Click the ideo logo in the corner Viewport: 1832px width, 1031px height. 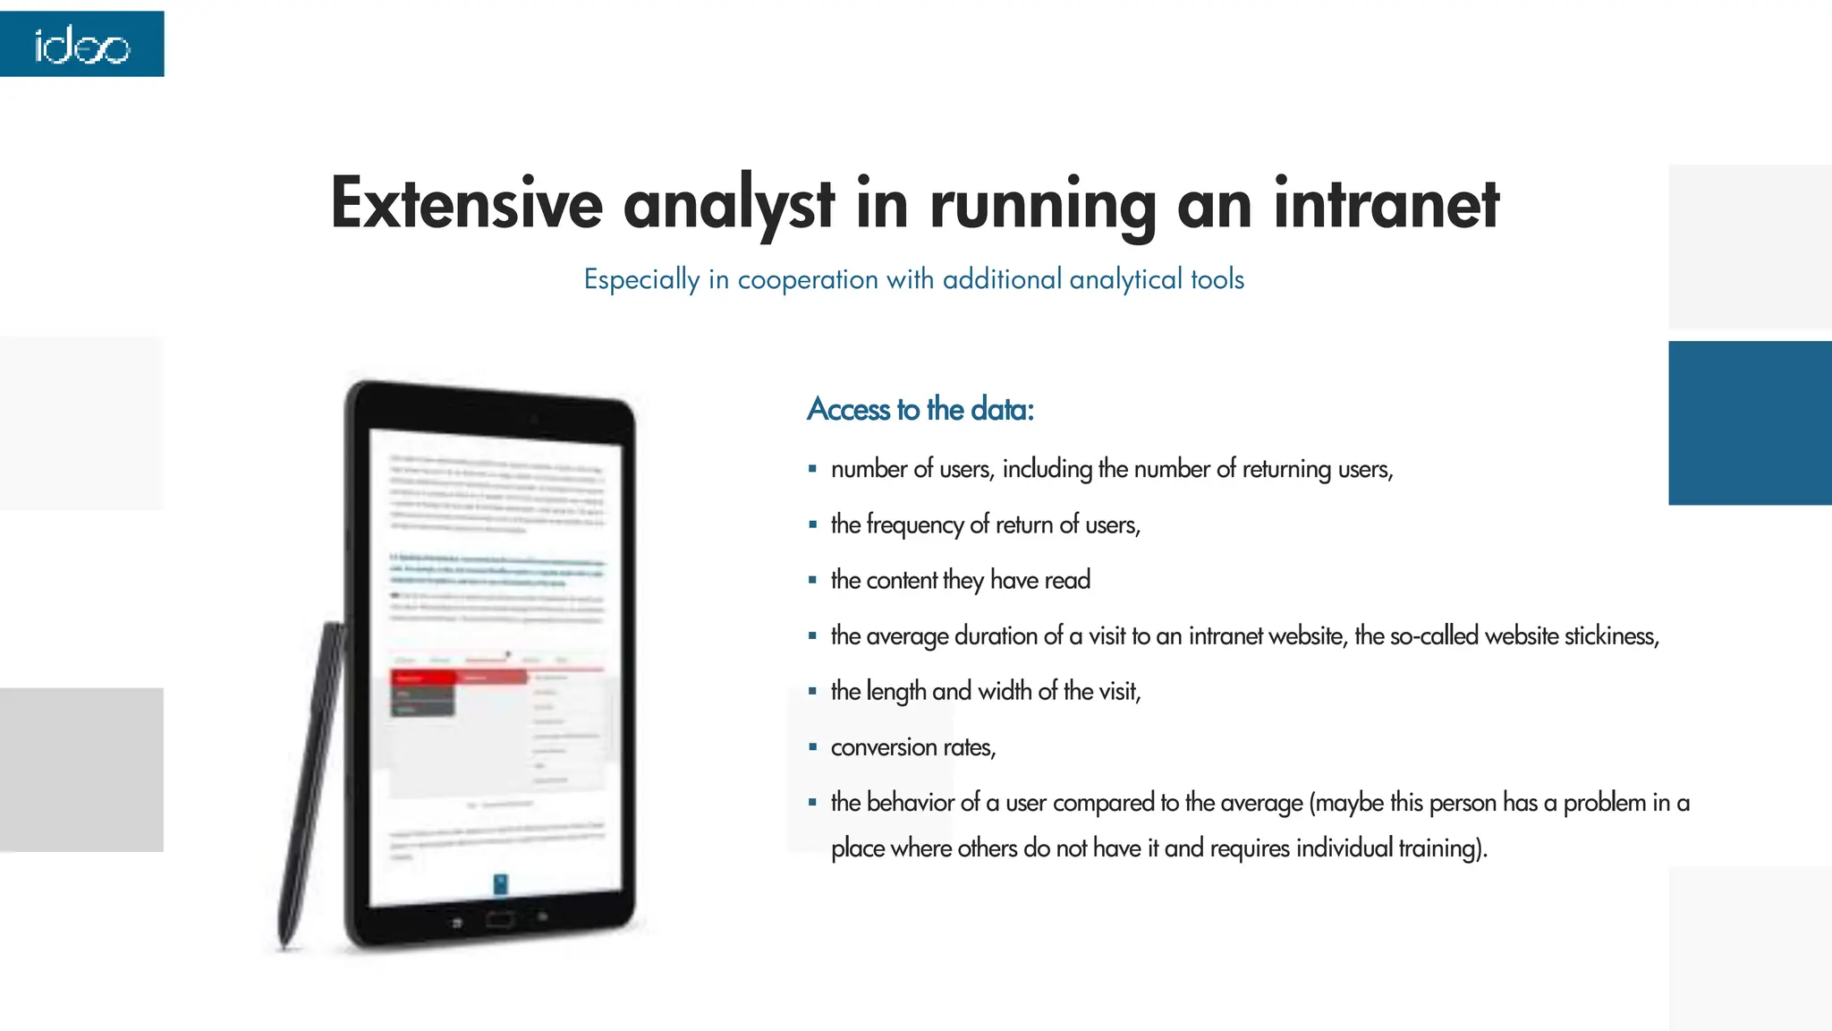pos(81,45)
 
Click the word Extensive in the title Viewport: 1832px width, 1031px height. pos(466,203)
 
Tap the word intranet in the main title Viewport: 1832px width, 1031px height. pos(1386,203)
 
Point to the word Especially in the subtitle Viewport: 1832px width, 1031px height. pos(641,279)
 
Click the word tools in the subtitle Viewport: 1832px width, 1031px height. pos(1217,279)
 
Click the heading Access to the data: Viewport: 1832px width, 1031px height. pos(920,409)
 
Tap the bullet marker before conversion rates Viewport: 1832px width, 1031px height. pos(812,746)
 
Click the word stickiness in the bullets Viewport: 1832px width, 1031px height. pos(1614,636)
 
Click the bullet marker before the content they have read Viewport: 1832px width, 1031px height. pos(812,580)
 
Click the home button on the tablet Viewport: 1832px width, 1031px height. pos(499,919)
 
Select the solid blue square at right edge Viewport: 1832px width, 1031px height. pos(1750,422)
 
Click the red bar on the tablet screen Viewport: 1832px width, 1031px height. pos(458,677)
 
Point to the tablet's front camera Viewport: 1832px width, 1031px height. pos(533,419)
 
